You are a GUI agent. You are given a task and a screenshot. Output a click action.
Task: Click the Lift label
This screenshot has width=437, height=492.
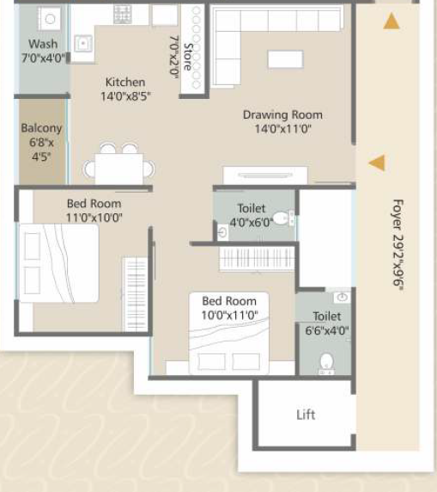[306, 415]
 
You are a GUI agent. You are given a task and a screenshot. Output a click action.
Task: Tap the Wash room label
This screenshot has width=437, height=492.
[43, 44]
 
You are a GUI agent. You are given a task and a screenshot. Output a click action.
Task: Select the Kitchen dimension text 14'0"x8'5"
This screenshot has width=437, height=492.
[125, 96]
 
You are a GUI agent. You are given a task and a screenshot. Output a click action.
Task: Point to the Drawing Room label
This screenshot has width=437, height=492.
[282, 115]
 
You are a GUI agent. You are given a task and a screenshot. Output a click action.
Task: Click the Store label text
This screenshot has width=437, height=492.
[188, 57]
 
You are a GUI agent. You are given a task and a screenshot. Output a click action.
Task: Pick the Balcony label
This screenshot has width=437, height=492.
[41, 128]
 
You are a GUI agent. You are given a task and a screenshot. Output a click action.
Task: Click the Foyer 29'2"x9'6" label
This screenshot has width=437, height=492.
[398, 246]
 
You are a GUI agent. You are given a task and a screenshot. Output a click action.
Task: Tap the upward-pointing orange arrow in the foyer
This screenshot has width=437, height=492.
[391, 21]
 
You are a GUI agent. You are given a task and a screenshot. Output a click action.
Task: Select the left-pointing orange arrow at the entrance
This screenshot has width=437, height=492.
[377, 163]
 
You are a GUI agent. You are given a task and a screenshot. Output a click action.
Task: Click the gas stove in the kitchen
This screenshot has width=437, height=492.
[123, 14]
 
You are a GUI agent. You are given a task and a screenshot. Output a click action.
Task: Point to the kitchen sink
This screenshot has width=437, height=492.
[83, 43]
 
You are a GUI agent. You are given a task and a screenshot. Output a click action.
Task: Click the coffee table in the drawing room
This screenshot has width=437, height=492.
[285, 59]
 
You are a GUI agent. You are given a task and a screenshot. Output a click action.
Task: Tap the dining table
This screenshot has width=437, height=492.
[119, 169]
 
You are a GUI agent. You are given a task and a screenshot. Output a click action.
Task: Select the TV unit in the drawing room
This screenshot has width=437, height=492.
[265, 175]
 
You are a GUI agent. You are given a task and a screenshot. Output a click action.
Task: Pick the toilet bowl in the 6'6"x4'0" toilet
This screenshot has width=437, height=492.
[327, 363]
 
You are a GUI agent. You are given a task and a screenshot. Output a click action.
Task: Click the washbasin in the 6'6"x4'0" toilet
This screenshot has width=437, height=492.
[342, 297]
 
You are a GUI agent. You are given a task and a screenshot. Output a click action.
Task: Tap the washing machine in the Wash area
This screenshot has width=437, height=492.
[50, 19]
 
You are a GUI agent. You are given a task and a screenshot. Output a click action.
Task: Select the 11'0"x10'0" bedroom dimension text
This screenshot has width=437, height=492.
[94, 218]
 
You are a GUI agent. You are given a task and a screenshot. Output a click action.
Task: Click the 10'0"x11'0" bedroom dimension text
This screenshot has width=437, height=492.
[229, 315]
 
